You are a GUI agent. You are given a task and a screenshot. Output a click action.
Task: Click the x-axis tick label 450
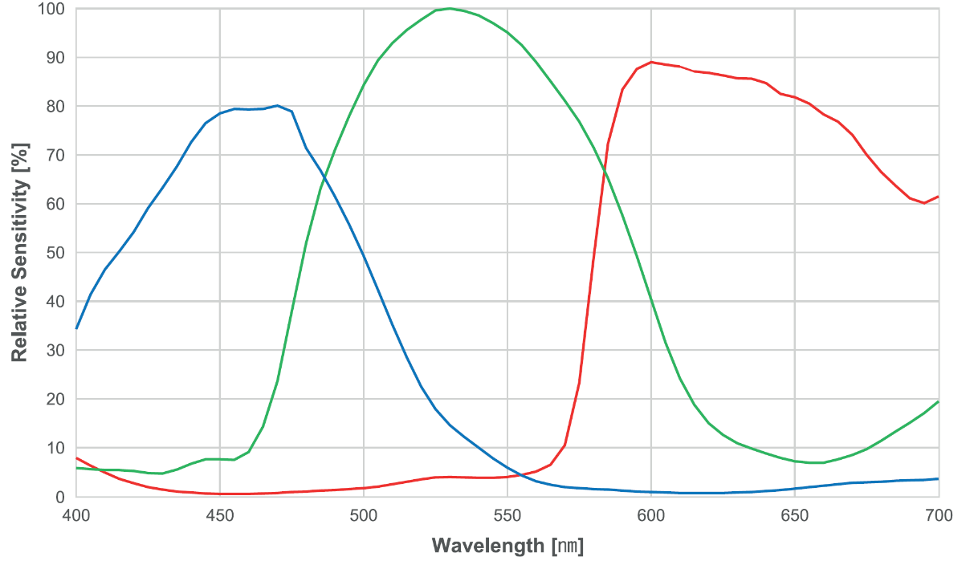tap(219, 515)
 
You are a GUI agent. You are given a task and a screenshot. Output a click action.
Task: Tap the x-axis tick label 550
tap(507, 515)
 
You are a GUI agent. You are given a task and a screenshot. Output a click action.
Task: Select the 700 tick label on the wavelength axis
tap(938, 515)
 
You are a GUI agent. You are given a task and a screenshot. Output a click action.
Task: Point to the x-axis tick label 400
tap(75, 515)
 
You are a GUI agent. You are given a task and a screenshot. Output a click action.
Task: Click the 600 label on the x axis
tap(650, 515)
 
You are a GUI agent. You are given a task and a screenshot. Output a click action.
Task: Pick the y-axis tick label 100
tap(51, 10)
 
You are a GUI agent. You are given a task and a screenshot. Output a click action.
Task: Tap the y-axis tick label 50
tap(56, 253)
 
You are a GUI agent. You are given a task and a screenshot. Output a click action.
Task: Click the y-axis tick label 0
tap(61, 497)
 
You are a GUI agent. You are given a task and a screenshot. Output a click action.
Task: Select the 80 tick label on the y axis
tap(56, 107)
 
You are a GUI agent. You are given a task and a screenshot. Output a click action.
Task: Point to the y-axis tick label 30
tap(56, 351)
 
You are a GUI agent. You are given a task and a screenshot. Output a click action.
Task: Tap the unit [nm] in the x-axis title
tap(569, 547)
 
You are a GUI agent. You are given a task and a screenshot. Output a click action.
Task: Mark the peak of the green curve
tap(450, 9)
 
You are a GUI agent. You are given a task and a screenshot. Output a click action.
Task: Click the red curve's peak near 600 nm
tap(650, 62)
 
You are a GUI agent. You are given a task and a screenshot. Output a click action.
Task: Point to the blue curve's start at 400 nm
tap(76, 328)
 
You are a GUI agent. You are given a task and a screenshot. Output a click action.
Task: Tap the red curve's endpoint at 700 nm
tap(938, 197)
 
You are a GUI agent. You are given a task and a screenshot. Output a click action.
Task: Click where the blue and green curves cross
tap(324, 179)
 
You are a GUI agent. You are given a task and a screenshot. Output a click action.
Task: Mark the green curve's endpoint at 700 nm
tap(938, 401)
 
